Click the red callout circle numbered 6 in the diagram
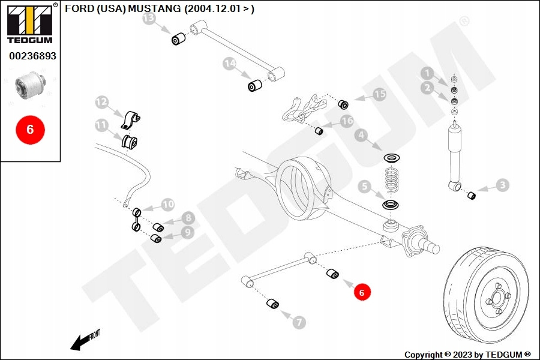pos(362,292)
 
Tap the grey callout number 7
pos(299,322)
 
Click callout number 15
pos(379,94)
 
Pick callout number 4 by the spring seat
pos(361,136)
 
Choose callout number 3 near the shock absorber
pos(502,185)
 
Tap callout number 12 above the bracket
pos(101,103)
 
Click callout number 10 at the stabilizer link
pos(168,205)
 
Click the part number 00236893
pos(32,56)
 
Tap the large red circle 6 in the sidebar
pos(31,129)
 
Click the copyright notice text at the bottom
pos(468,354)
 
